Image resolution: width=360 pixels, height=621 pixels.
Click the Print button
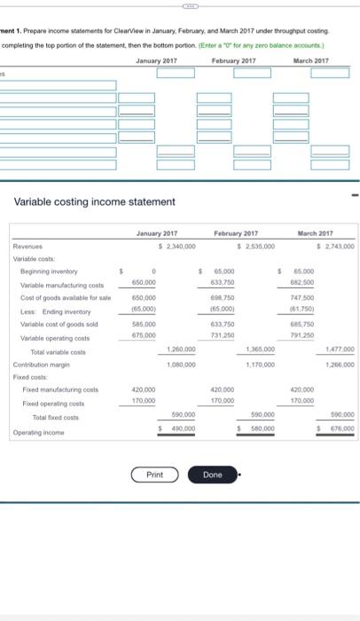(x=154, y=475)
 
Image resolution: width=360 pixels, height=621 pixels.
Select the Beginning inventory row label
(x=50, y=271)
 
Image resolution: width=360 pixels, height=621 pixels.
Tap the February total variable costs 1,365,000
(x=259, y=351)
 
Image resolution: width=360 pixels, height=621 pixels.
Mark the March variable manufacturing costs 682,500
(x=303, y=283)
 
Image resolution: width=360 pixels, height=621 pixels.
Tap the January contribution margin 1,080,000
(x=182, y=364)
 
